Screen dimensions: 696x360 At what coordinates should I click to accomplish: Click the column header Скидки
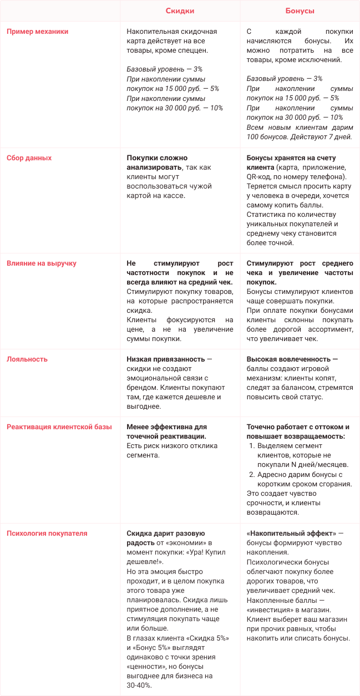coord(180,11)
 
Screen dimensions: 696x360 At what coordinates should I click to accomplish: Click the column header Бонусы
coord(300,11)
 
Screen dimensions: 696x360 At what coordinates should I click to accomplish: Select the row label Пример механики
coord(37,32)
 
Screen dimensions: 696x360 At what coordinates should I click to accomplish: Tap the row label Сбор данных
coord(29,158)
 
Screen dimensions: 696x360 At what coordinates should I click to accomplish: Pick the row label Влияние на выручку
coord(41,263)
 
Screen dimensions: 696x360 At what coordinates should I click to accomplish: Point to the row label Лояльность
coord(27,359)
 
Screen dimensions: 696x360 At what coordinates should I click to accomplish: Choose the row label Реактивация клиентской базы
coord(59,427)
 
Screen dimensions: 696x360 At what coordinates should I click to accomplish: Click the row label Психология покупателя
coord(47,534)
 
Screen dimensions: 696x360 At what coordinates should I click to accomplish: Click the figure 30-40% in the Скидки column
coord(140,685)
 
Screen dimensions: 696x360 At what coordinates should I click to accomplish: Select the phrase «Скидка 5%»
coord(207,638)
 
